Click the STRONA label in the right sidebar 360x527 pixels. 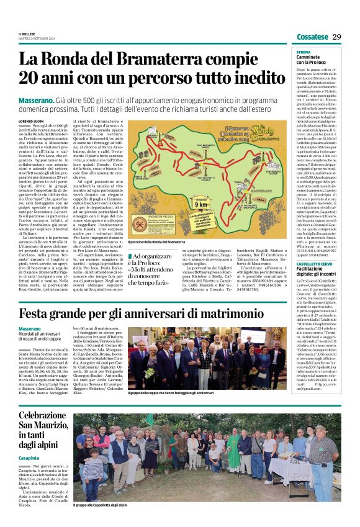(304, 53)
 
